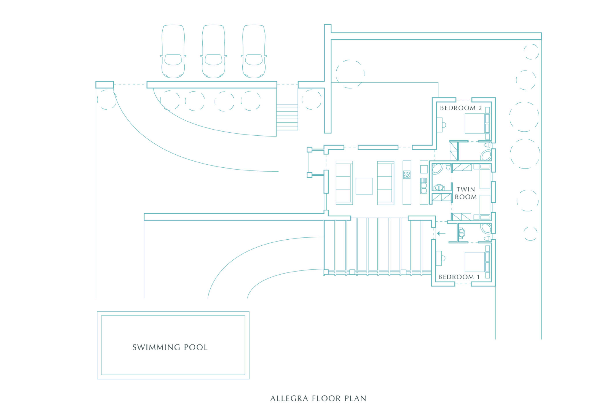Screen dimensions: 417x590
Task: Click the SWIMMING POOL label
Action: pyautogui.click(x=170, y=347)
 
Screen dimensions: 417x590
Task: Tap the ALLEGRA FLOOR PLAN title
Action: pyautogui.click(x=318, y=399)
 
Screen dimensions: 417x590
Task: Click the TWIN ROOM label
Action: pyautogui.click(x=466, y=193)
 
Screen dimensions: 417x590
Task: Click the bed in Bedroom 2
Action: pyautogui.click(x=477, y=123)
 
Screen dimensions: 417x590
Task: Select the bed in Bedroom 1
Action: pyautogui.click(x=477, y=262)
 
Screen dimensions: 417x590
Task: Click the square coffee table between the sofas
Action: pyautogui.click(x=364, y=186)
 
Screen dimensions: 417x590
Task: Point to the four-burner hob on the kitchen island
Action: pyautogui.click(x=407, y=175)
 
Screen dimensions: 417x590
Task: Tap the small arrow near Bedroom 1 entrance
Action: pyautogui.click(x=441, y=233)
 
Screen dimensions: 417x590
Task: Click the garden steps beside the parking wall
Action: pyautogui.click(x=287, y=117)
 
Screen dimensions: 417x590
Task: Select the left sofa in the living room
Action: pyautogui.click(x=344, y=183)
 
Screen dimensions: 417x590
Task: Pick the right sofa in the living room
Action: pyautogui.click(x=386, y=183)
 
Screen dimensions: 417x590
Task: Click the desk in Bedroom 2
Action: pyautogui.click(x=439, y=125)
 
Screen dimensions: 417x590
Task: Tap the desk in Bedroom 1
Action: pyautogui.click(x=439, y=258)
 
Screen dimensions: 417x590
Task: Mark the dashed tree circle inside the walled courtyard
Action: pyautogui.click(x=350, y=74)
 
